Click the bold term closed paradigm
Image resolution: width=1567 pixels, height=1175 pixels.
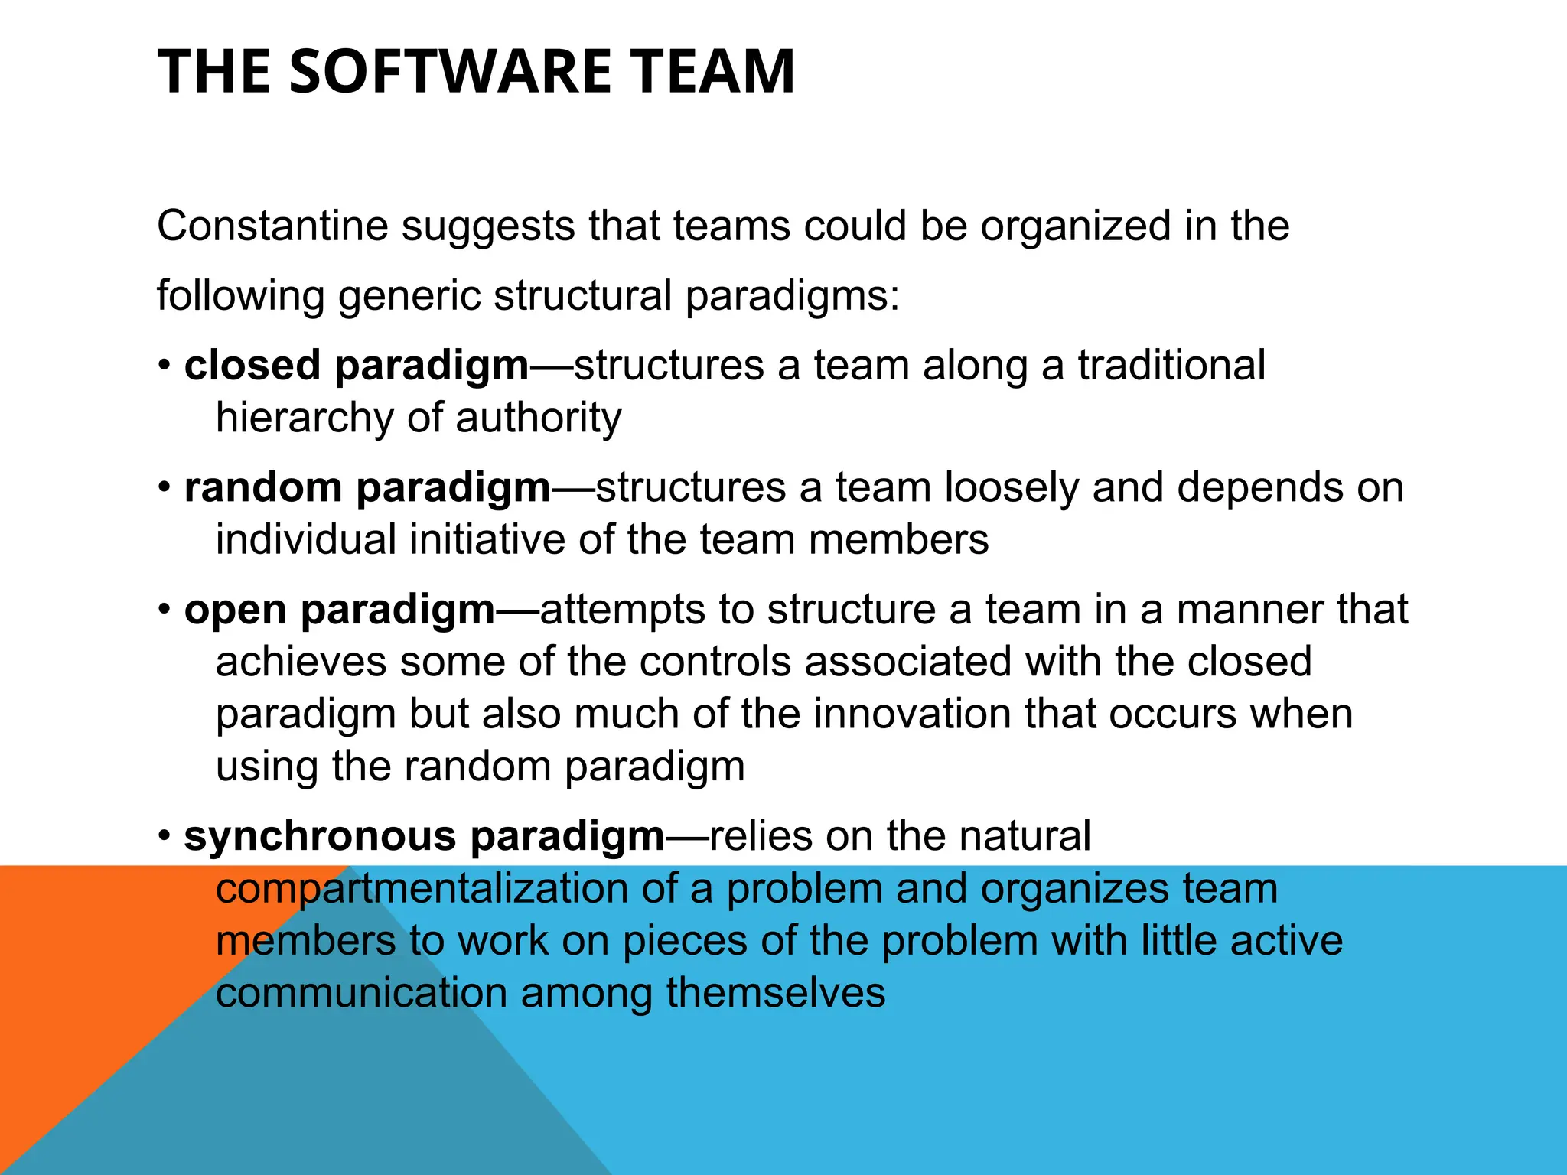point(357,366)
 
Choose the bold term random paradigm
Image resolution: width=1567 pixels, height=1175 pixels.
point(367,488)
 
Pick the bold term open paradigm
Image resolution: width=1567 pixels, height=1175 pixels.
point(340,610)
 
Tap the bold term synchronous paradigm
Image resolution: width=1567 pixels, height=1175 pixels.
point(425,836)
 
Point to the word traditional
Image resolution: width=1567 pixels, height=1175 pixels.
point(1171,366)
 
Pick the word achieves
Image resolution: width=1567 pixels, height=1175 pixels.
point(300,662)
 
